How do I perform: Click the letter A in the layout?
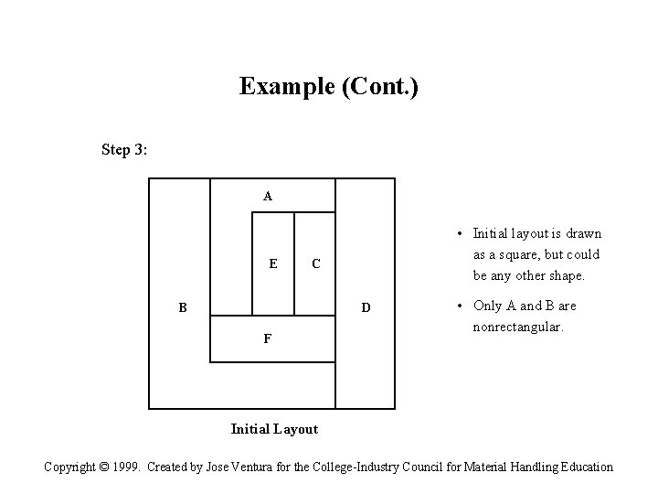(267, 196)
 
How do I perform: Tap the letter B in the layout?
(183, 308)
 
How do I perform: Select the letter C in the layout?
(315, 264)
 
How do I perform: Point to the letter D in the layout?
(366, 308)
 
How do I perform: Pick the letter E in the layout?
(273, 264)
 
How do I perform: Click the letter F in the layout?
(267, 339)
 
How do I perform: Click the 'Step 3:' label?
(125, 149)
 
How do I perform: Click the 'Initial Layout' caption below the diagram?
(274, 429)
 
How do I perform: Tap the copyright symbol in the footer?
(111, 467)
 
